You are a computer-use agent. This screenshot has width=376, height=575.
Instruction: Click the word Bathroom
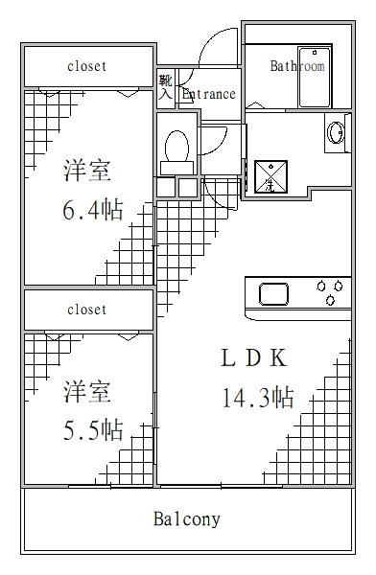point(296,66)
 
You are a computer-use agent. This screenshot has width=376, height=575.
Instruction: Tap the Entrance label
point(208,94)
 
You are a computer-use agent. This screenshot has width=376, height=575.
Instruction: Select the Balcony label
point(187,519)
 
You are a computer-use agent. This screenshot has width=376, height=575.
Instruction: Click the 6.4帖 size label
point(92,209)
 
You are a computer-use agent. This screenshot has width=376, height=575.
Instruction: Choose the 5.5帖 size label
point(92,428)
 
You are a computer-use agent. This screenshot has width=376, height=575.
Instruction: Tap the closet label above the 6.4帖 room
point(86,66)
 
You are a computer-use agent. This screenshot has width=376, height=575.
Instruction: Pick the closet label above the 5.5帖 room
point(86,310)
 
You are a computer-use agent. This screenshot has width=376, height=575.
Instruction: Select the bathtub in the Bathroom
point(315,77)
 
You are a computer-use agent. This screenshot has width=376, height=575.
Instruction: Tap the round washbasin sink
point(337,132)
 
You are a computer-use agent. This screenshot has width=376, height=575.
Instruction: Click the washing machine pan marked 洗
point(270,173)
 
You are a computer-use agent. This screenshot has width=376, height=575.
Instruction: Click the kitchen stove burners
point(332,292)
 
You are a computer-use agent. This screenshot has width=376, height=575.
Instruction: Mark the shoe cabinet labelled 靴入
point(165,87)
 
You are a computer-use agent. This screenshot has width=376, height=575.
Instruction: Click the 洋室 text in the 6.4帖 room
point(87,172)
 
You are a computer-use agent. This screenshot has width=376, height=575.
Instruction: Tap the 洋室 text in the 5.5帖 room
point(87,392)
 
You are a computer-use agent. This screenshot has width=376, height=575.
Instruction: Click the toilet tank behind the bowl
point(176,167)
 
